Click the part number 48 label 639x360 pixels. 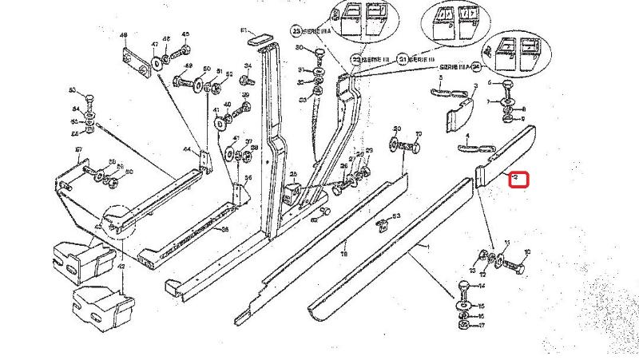(124, 36)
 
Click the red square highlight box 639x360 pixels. (520, 179)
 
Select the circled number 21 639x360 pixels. (403, 60)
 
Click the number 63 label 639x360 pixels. (396, 216)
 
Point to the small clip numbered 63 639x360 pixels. (383, 224)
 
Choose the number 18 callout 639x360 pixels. (344, 253)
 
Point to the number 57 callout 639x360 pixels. (78, 149)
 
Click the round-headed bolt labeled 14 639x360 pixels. (465, 286)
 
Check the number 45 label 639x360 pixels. (185, 34)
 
